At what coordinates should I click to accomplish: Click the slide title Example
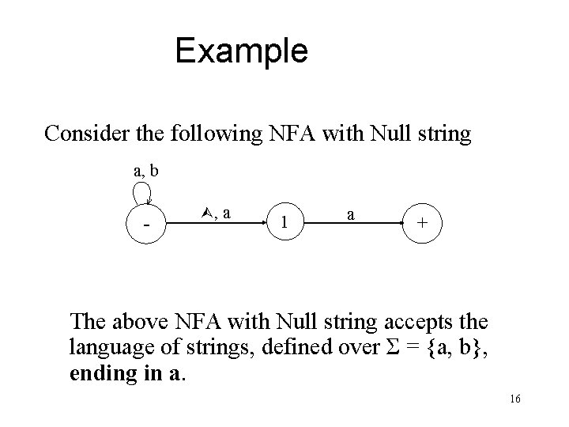pyautogui.click(x=241, y=51)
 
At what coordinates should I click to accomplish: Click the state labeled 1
pyautogui.click(x=284, y=224)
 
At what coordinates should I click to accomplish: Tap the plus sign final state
pyautogui.click(x=424, y=224)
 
